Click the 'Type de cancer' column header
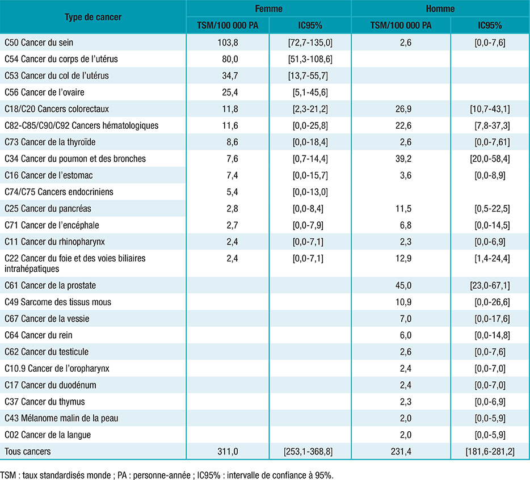pyautogui.click(x=93, y=17)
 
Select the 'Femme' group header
pyautogui.click(x=269, y=9)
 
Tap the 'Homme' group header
pyautogui.click(x=440, y=9)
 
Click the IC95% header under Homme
pyautogui.click(x=490, y=26)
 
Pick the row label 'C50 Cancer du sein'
pyautogui.click(x=39, y=42)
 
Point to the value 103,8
pyautogui.click(x=228, y=42)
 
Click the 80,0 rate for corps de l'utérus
pyautogui.click(x=230, y=59)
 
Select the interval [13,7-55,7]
pyautogui.click(x=308, y=75)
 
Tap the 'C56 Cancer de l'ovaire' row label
pyautogui.click(x=44, y=92)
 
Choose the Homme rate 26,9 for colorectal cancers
pyautogui.click(x=403, y=109)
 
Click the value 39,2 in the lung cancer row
pyautogui.click(x=403, y=158)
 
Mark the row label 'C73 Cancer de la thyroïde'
pyautogui.click(x=50, y=142)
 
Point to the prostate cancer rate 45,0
pyautogui.click(x=403, y=285)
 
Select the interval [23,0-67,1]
pyautogui.click(x=490, y=285)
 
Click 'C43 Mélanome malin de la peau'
pyautogui.click(x=61, y=418)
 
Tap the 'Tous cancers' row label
pyautogui.click(x=28, y=451)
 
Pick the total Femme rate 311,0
pyautogui.click(x=228, y=451)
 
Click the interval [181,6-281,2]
pyautogui.click(x=490, y=451)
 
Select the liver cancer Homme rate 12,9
pyautogui.click(x=403, y=258)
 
